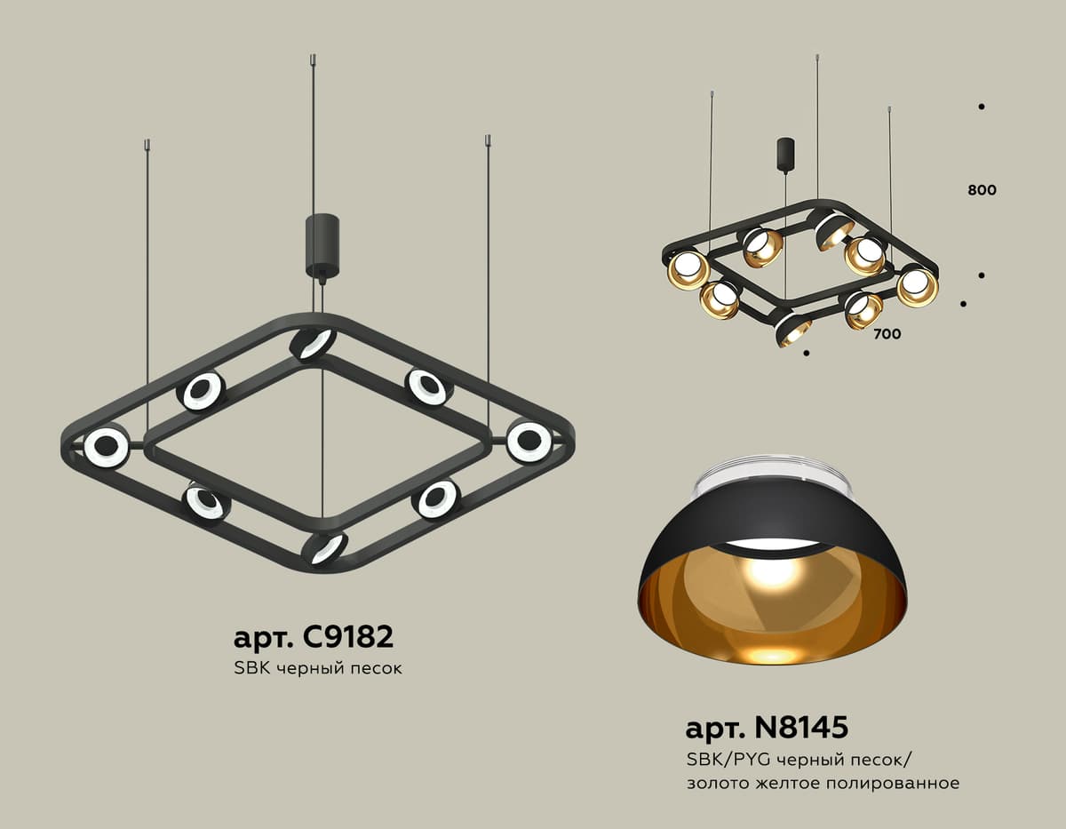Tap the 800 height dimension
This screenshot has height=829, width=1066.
tap(982, 190)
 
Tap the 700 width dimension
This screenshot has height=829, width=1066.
tap(886, 334)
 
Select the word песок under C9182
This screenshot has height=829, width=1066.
tap(374, 667)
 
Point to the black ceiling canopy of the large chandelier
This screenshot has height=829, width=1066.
tap(322, 244)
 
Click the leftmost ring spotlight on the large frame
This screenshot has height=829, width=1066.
tap(106, 447)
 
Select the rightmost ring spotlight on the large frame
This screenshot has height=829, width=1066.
tap(529, 442)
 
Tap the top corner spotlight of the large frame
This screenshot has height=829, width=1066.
tap(314, 343)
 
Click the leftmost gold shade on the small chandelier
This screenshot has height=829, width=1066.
tap(688, 269)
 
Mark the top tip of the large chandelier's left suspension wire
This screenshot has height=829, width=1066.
tap(147, 141)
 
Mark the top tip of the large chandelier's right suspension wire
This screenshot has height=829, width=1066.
tap(488, 139)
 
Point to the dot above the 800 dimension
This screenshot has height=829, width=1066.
tap(982, 107)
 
